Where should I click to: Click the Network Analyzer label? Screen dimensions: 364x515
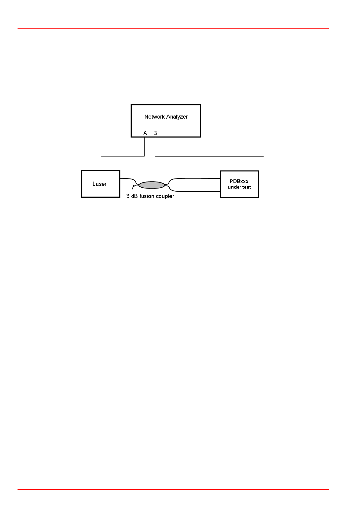[x=166, y=117]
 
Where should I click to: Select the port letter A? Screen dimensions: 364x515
[x=145, y=133]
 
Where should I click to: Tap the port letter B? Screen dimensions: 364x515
[x=155, y=133]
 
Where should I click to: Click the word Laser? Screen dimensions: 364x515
[x=100, y=184]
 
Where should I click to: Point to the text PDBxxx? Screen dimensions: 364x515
[x=239, y=181]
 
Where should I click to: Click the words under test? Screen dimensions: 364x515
[x=239, y=187]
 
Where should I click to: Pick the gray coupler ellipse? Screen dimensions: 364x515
[x=152, y=185]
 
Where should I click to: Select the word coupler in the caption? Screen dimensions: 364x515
[x=165, y=196]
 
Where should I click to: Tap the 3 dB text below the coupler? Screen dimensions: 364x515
[x=132, y=196]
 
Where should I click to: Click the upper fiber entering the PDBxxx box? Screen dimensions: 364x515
[x=196, y=178]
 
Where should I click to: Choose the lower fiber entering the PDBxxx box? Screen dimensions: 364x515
[x=196, y=192]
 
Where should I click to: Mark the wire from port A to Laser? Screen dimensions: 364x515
[x=122, y=156]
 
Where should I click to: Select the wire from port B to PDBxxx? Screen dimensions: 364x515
[x=214, y=156]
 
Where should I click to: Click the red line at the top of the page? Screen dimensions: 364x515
[x=173, y=29]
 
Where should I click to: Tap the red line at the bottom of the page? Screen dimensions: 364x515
[x=173, y=490]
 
